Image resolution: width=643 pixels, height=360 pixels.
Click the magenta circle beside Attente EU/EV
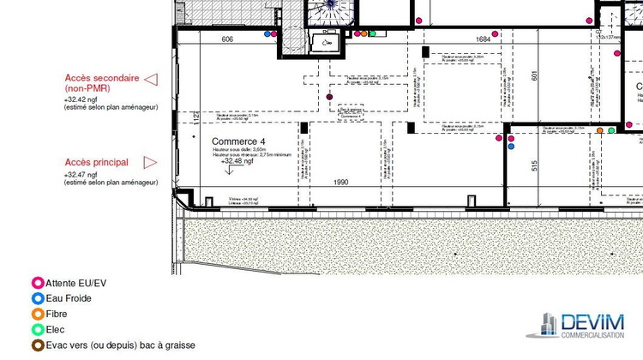pyautogui.click(x=37, y=283)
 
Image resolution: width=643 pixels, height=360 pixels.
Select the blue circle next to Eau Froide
pyautogui.click(x=37, y=298)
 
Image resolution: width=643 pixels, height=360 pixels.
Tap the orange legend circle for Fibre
pyautogui.click(x=37, y=314)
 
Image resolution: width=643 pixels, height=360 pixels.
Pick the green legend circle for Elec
pyautogui.click(x=37, y=329)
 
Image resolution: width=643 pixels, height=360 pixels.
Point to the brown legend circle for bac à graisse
pyautogui.click(x=37, y=345)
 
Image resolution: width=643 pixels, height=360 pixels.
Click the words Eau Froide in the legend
pyautogui.click(x=69, y=298)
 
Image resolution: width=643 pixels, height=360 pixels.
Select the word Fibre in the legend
pyautogui.click(x=58, y=314)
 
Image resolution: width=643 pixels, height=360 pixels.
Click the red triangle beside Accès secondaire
pyautogui.click(x=151, y=80)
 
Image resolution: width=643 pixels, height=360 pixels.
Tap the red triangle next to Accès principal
pyautogui.click(x=150, y=161)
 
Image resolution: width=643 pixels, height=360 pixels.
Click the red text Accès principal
pyautogui.click(x=97, y=162)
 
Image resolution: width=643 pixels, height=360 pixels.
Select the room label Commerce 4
pyautogui.click(x=239, y=141)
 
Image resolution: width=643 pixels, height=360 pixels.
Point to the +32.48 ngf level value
pyautogui.click(x=237, y=160)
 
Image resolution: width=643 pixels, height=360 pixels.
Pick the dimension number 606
pyautogui.click(x=227, y=39)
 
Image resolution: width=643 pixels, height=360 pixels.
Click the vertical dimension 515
pyautogui.click(x=534, y=166)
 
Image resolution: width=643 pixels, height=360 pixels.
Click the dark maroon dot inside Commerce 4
pyautogui.click(x=330, y=97)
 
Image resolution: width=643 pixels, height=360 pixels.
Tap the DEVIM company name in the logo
pyautogui.click(x=592, y=321)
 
